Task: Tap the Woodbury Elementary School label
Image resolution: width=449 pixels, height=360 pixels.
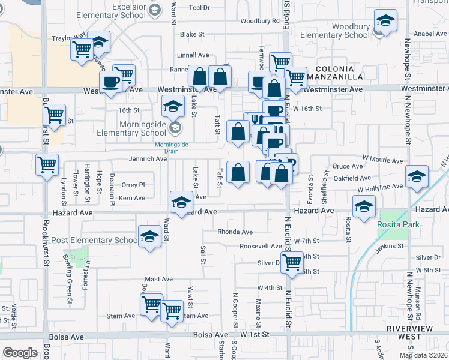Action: point(335,31)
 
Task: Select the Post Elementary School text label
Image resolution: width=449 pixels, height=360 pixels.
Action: point(95,241)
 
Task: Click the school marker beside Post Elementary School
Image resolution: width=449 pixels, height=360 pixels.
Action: point(149,237)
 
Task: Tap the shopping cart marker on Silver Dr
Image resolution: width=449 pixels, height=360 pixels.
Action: point(292,262)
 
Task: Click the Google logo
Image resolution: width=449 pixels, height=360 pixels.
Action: point(20,353)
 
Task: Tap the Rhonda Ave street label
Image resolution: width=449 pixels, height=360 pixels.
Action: point(235,232)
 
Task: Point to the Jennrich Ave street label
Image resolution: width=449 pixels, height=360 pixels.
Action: point(148,159)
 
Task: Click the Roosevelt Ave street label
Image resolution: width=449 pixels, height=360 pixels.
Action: point(260,246)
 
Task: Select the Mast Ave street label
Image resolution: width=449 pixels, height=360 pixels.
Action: point(158,279)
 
